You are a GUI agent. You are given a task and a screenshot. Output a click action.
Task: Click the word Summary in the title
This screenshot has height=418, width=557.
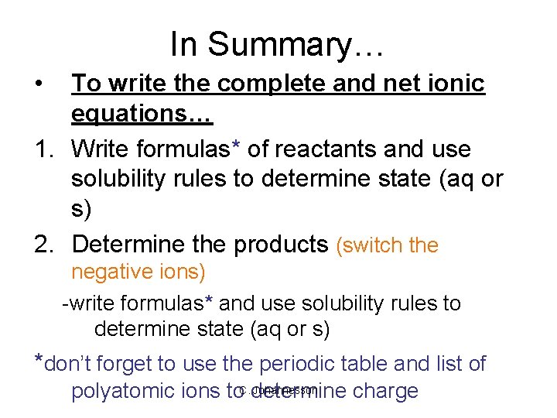coord(292,44)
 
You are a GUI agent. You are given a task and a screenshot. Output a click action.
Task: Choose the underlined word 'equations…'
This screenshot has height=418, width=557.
coord(142,114)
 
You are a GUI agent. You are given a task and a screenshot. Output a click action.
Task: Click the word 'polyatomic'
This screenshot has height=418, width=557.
coord(127,392)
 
